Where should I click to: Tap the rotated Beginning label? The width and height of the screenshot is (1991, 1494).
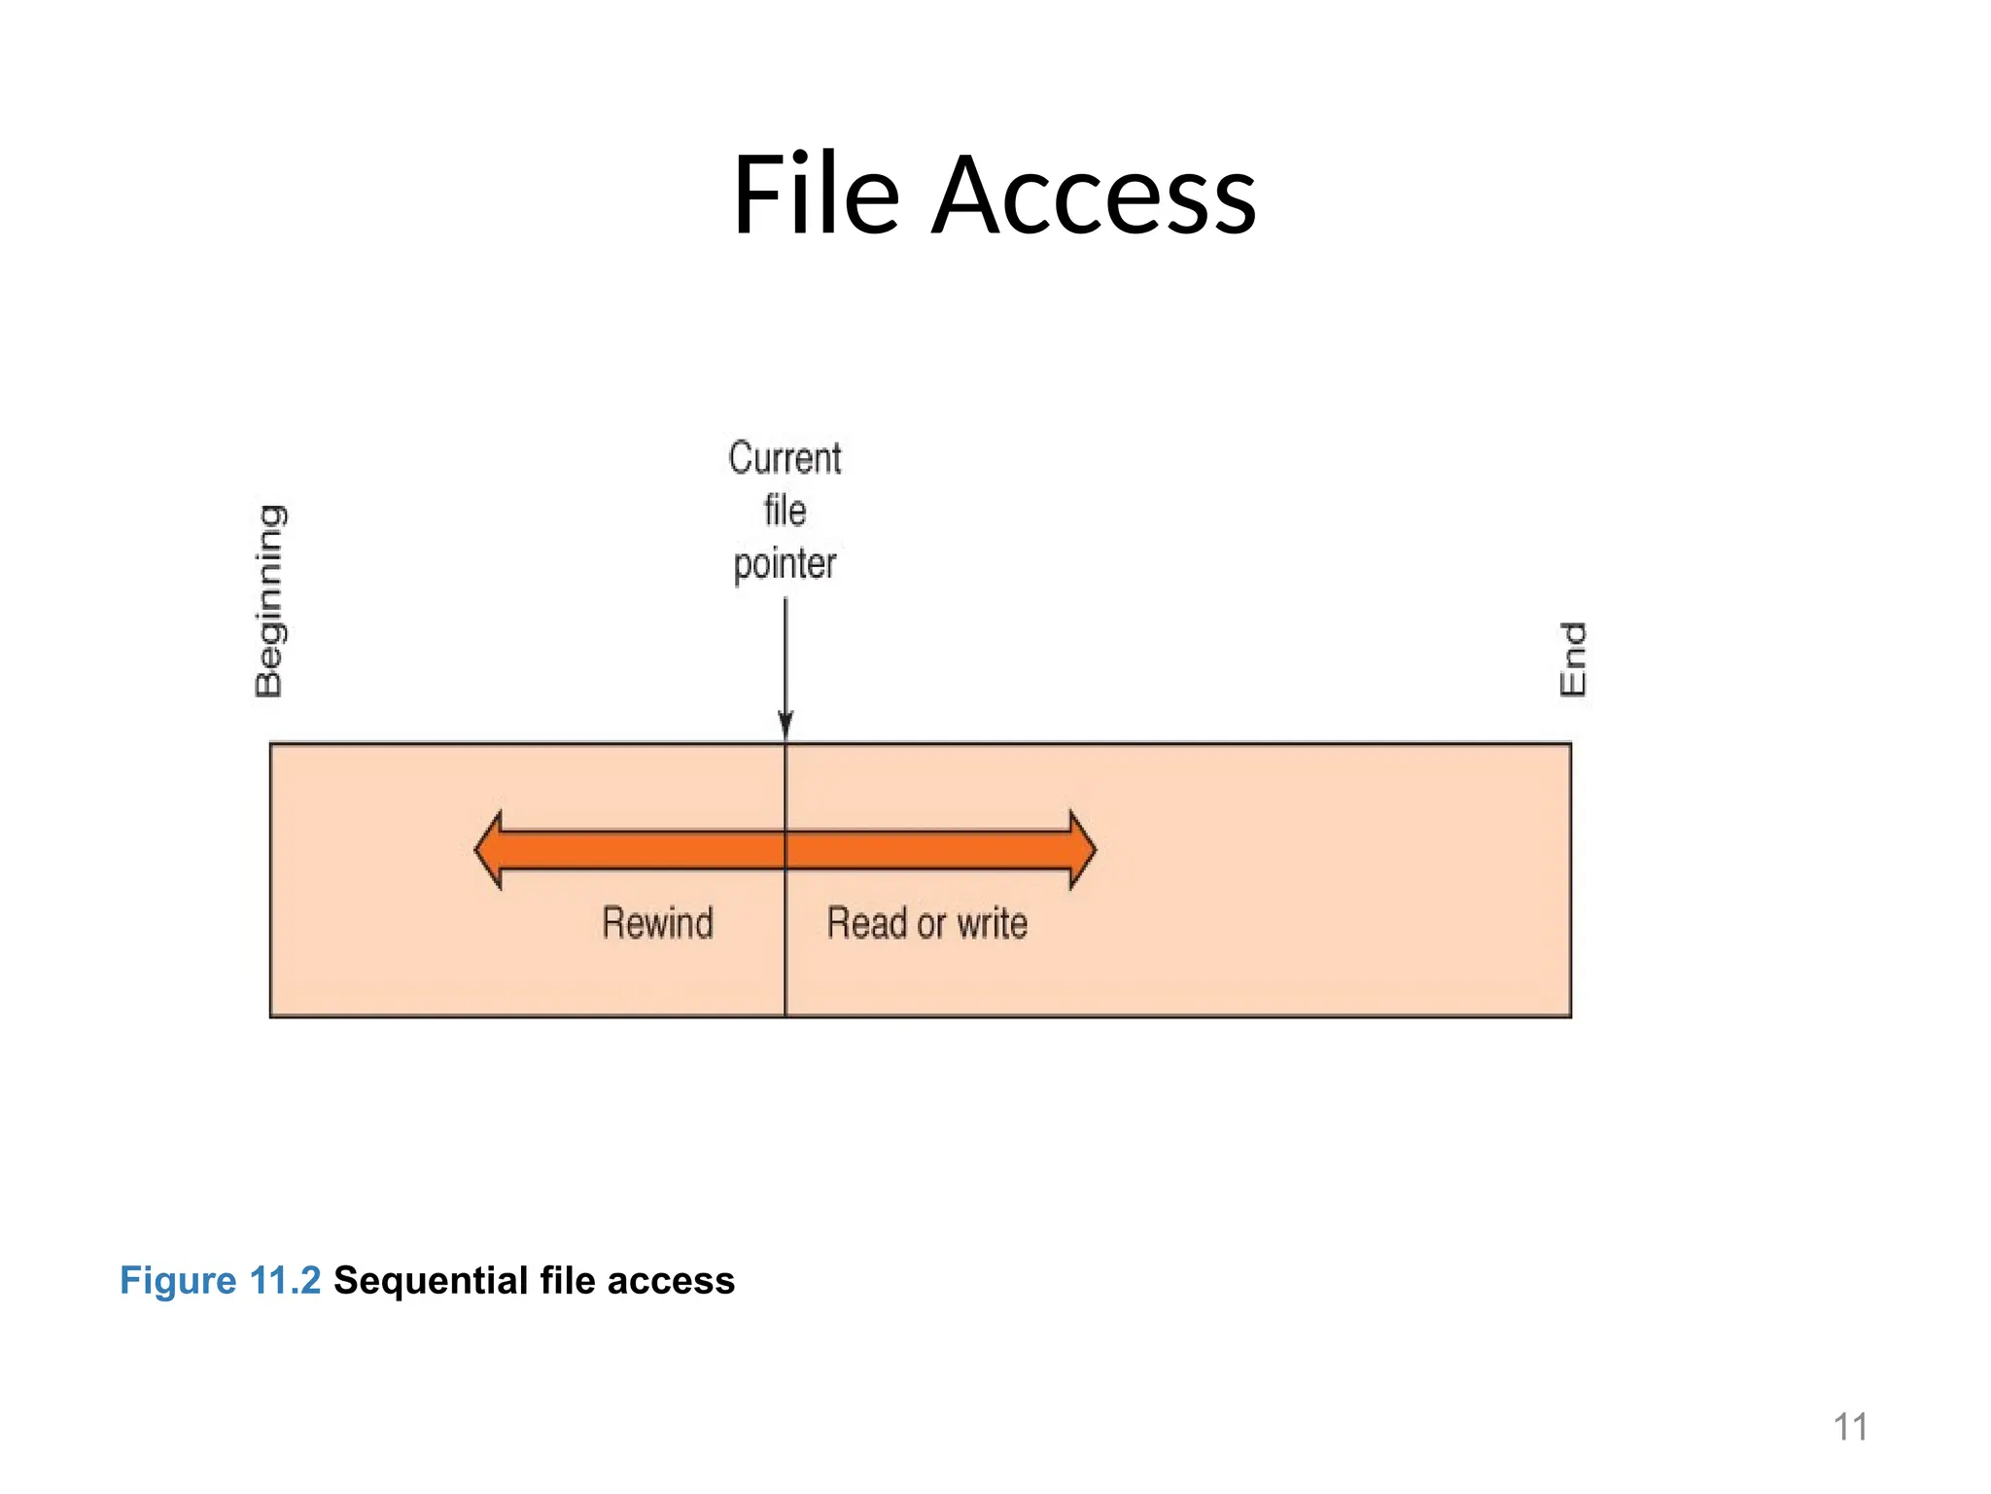click(270, 600)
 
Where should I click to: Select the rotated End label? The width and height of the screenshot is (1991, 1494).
click(1572, 658)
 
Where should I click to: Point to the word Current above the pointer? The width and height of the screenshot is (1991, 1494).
click(785, 458)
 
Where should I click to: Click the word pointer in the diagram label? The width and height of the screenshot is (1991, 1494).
click(785, 564)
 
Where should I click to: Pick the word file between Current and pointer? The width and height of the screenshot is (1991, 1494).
click(785, 511)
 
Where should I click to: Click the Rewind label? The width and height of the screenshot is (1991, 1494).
click(658, 923)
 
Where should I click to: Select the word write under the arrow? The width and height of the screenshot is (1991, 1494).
click(992, 923)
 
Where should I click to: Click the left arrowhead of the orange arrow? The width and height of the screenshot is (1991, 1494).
click(489, 850)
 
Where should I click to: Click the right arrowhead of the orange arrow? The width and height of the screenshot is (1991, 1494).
click(1082, 850)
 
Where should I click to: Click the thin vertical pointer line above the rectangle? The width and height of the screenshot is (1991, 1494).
click(786, 652)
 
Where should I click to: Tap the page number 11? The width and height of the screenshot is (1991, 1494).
click(1850, 1427)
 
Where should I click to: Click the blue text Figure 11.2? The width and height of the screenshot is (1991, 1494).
click(220, 1280)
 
